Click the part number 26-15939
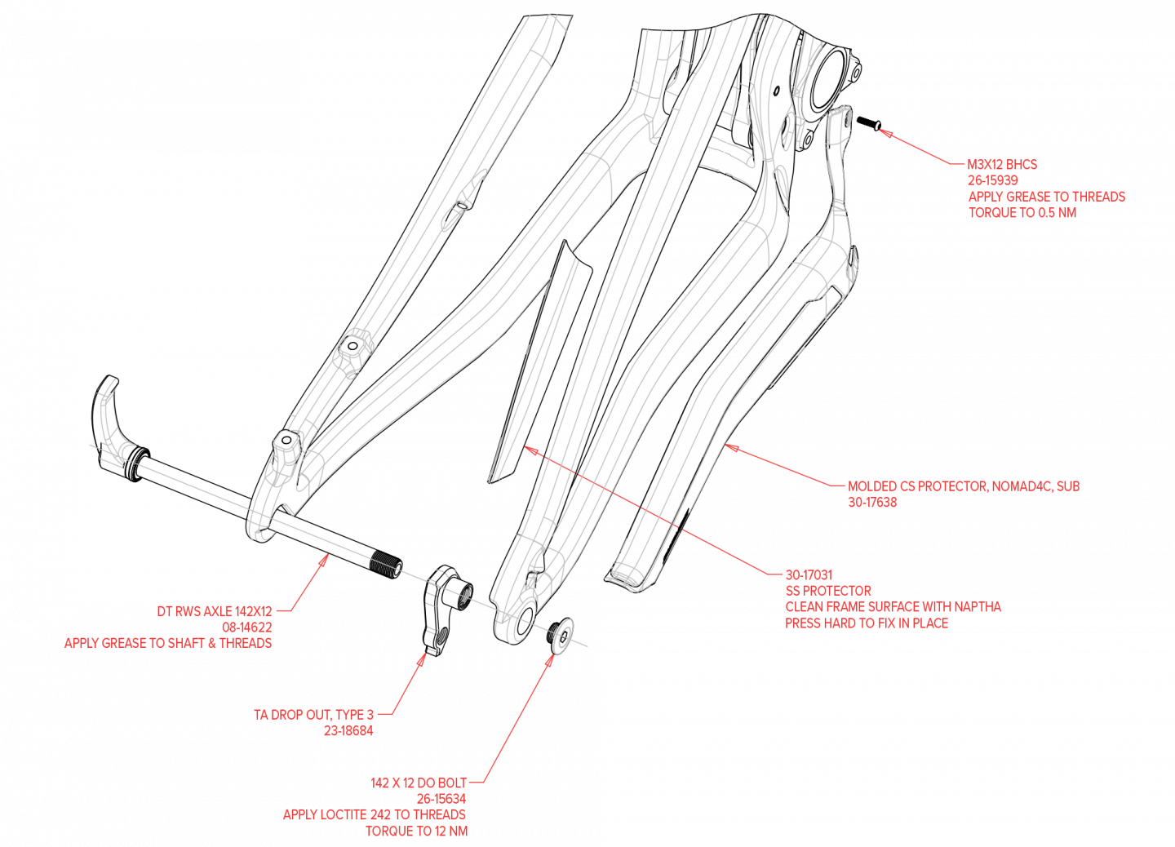[992, 180]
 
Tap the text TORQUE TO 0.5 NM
[1022, 213]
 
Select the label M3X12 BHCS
[1002, 164]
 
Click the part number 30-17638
[872, 503]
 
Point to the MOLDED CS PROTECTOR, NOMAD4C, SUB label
[964, 486]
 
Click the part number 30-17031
[809, 574]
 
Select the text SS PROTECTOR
[828, 591]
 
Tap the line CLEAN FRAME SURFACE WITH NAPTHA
[893, 607]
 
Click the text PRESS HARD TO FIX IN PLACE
[867, 623]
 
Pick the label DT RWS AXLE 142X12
[215, 611]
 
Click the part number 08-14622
[246, 627]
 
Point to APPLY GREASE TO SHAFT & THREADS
[168, 643]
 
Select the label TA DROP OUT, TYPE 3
[313, 715]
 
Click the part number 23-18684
[348, 731]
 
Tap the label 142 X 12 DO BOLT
[419, 783]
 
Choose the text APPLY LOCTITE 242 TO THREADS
[375, 814]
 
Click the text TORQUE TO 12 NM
[416, 831]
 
